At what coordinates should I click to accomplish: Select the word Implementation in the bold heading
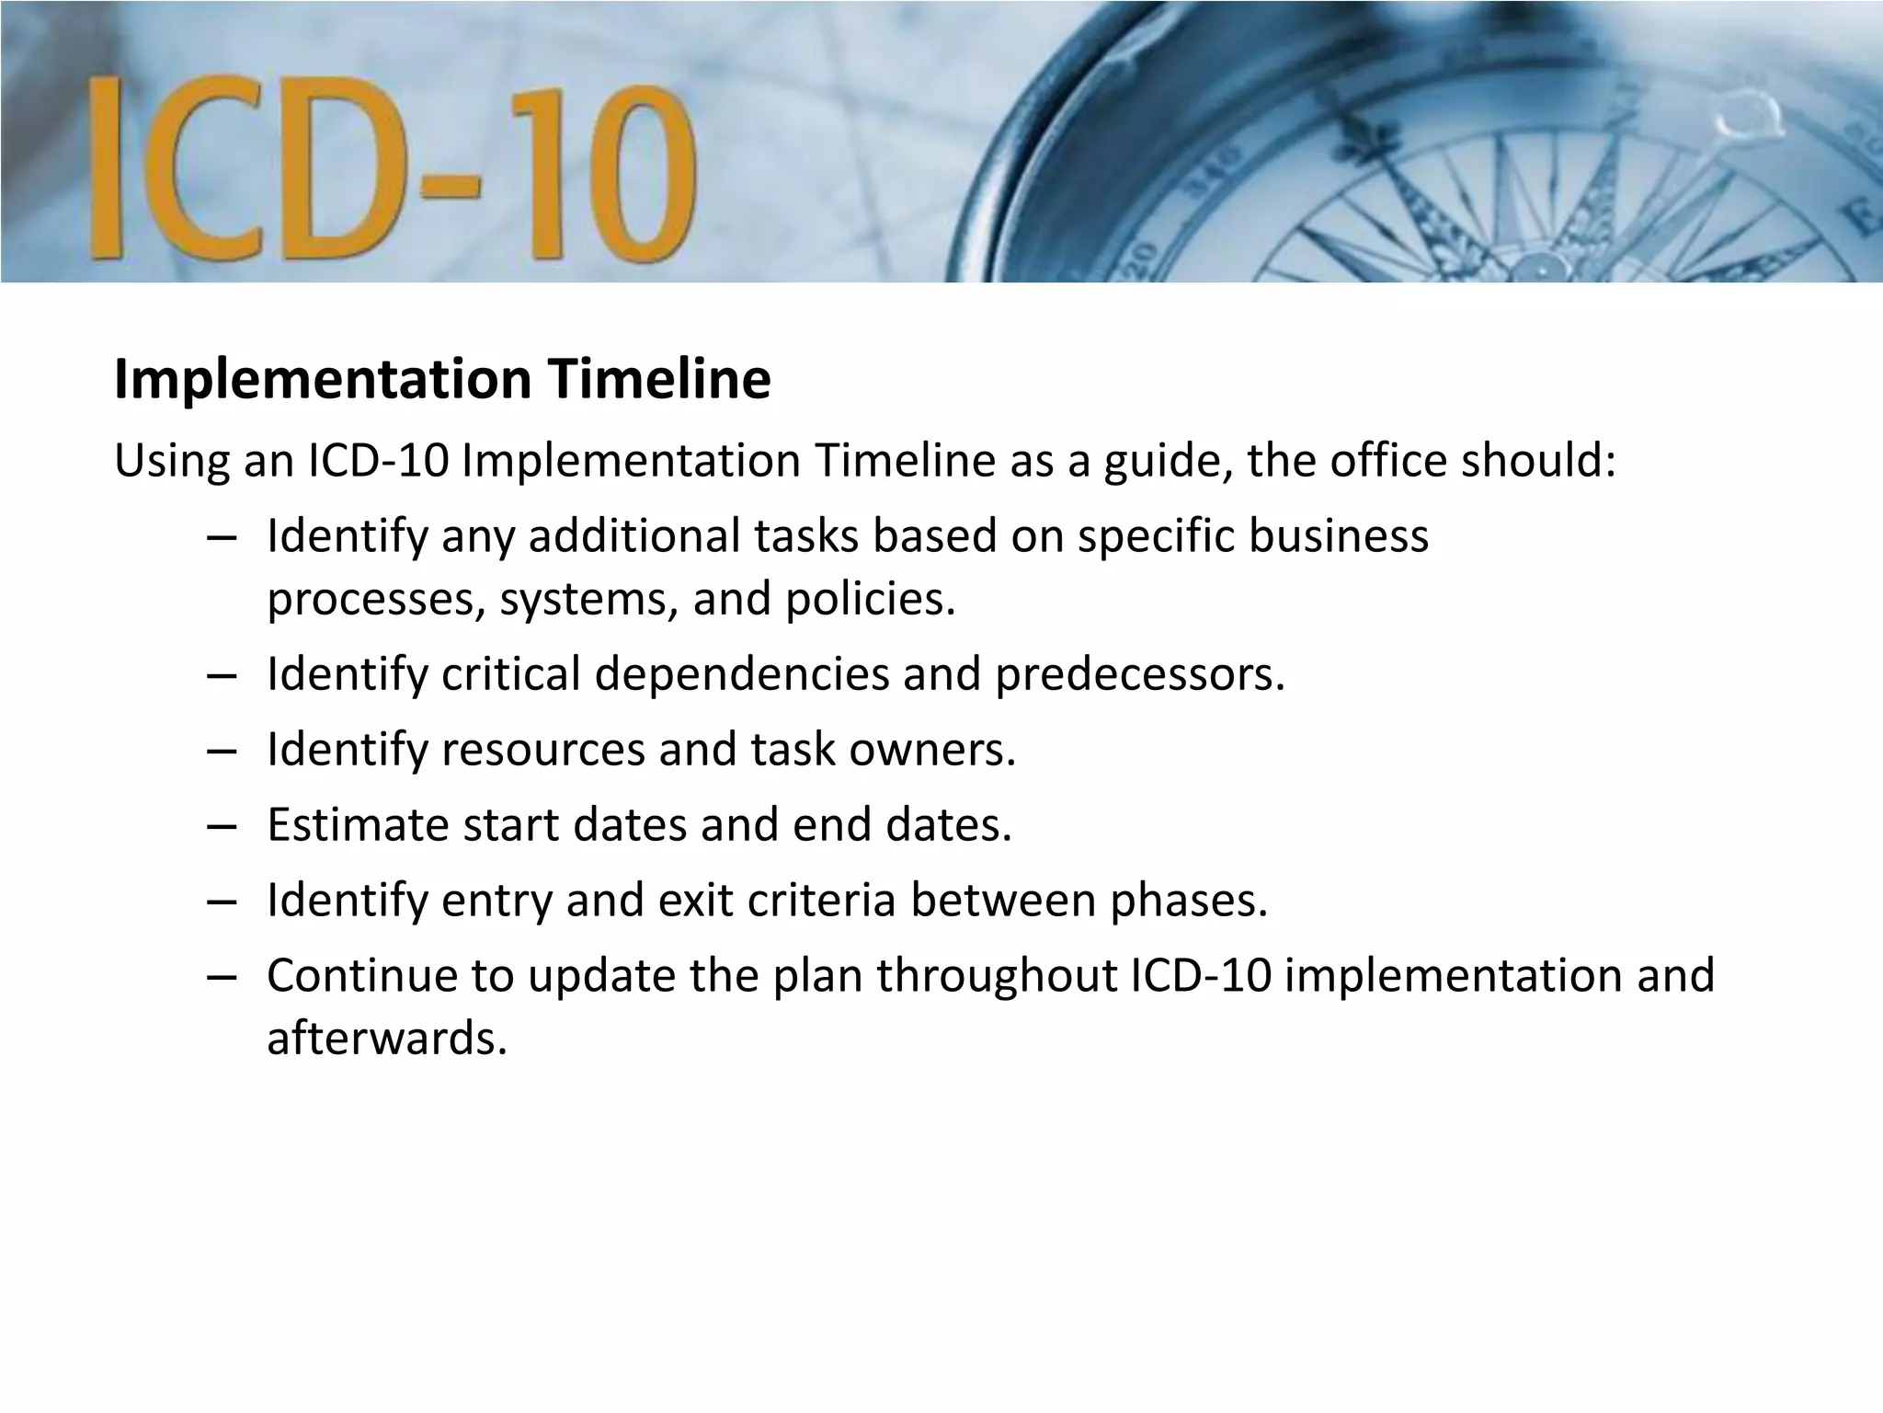tap(323, 379)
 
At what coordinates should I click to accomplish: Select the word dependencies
tap(742, 674)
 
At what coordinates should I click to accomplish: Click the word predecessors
tap(1139, 674)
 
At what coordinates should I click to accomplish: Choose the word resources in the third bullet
tap(543, 750)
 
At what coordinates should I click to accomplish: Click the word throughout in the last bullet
tap(997, 975)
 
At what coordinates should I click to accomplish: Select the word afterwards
tap(387, 1038)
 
